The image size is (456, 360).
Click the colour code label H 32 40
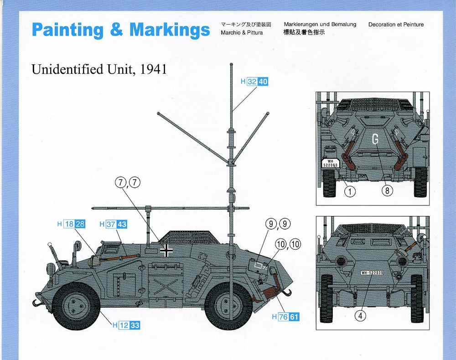254,82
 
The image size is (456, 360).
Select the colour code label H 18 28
71,224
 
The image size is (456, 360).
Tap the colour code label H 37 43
114,224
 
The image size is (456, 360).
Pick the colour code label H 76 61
285,317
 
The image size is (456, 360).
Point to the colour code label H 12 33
126,325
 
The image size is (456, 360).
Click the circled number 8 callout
387,190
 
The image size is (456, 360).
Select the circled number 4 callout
360,315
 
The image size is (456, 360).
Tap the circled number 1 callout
350,191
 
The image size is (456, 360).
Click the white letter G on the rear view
375,139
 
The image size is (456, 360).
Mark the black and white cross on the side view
166,251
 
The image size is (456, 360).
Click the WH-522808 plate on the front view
372,273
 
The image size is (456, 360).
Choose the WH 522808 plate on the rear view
330,163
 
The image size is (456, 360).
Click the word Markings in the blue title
170,30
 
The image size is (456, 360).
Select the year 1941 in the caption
153,69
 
